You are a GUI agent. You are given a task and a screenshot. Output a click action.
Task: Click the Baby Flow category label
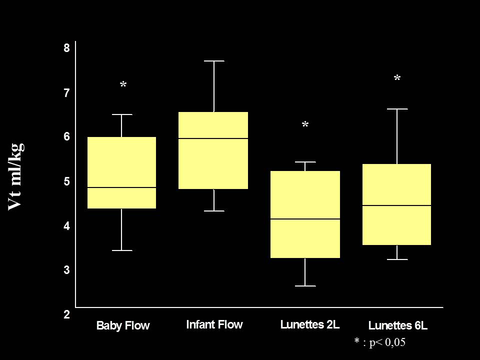tap(123, 326)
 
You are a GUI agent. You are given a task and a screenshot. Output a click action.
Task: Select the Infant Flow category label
tap(214, 324)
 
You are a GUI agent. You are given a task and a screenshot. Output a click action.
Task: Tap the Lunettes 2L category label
tap(310, 324)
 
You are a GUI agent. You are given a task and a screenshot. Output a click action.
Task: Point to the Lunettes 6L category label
tap(398, 326)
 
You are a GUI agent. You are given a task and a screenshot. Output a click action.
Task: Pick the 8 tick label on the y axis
tap(66, 48)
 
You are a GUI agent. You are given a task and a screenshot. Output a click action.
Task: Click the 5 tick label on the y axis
tap(66, 181)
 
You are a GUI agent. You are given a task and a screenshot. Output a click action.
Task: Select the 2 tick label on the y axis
tap(66, 315)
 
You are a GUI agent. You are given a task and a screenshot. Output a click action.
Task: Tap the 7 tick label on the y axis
tap(66, 93)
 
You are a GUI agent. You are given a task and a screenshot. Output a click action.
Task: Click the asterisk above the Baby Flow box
tap(123, 86)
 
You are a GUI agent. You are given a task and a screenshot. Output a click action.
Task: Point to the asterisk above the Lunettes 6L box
tap(397, 79)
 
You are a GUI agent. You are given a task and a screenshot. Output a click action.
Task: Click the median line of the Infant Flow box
tap(213, 138)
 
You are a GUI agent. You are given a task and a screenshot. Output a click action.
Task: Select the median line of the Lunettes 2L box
tap(305, 219)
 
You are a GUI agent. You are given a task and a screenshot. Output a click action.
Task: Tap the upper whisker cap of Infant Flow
tap(213, 61)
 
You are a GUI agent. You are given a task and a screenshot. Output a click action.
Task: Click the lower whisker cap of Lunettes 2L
tap(305, 286)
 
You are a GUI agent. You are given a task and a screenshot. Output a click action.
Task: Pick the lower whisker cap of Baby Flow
tap(121, 250)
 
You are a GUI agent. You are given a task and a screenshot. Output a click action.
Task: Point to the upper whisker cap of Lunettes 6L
tap(396, 108)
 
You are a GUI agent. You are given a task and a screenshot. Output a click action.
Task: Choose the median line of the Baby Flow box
tap(121, 187)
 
